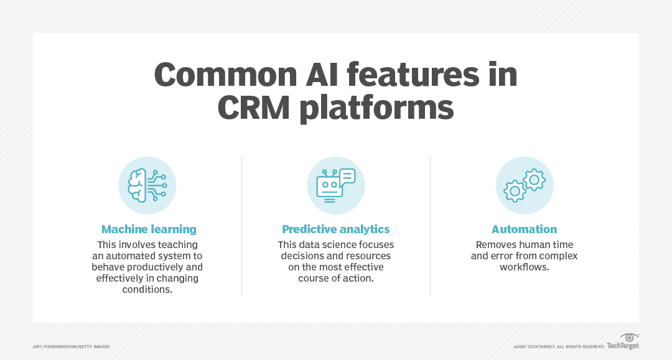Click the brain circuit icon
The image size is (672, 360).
pyautogui.click(x=147, y=185)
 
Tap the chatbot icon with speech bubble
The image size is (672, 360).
pyautogui.click(x=335, y=185)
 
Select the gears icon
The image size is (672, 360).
pyautogui.click(x=524, y=185)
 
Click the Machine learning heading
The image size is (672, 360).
pyautogui.click(x=149, y=229)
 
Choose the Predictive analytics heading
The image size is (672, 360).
pyautogui.click(x=335, y=229)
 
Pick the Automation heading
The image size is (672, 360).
pyautogui.click(x=524, y=229)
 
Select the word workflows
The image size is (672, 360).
pyautogui.click(x=525, y=267)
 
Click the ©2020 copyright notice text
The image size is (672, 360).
pyautogui.click(x=558, y=346)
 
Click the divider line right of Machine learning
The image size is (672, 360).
pyautogui.click(x=241, y=225)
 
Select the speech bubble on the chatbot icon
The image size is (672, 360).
pyautogui.click(x=347, y=177)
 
